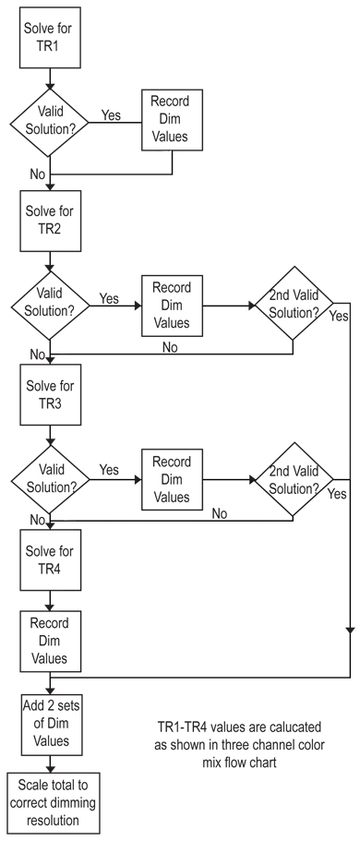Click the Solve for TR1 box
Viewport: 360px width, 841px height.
[x=51, y=37]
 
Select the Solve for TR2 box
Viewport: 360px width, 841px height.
[x=51, y=221]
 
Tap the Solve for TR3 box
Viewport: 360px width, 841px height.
[x=51, y=395]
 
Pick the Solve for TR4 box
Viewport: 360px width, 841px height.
[x=51, y=560]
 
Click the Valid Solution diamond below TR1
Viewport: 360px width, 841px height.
[x=50, y=122]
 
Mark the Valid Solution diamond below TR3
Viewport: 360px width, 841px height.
[x=50, y=479]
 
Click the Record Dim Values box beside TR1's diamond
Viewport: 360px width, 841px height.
[x=172, y=120]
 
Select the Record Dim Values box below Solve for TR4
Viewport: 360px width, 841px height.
[x=51, y=642]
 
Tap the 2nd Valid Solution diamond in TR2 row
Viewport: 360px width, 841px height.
[x=294, y=304]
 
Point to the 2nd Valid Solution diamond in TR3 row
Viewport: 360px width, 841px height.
[x=294, y=479]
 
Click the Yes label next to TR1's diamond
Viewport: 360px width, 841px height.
[x=111, y=114]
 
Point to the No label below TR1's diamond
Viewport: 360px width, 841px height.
[x=38, y=174]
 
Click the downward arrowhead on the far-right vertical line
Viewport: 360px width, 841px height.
[x=350, y=631]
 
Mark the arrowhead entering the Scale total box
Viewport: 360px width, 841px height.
[x=51, y=768]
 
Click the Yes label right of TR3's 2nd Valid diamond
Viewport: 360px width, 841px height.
[x=337, y=494]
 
